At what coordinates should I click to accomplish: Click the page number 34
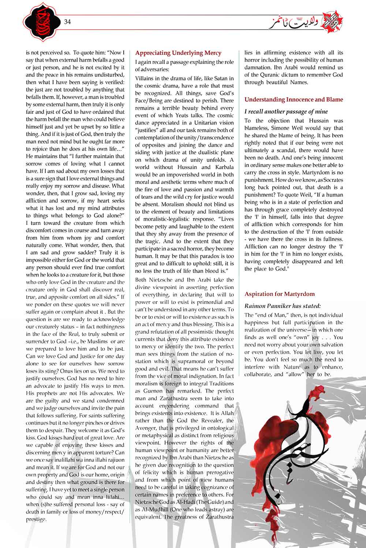[x=67, y=21]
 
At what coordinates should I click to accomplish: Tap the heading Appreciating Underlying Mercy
[x=178, y=53]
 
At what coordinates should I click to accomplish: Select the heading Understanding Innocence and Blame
[x=294, y=99]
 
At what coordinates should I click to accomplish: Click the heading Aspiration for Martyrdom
[x=280, y=294]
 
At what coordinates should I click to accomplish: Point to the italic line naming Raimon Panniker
[x=282, y=306]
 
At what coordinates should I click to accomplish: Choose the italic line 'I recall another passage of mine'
[x=286, y=111]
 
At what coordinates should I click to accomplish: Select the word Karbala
[x=221, y=167]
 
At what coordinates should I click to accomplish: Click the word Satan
[x=217, y=78]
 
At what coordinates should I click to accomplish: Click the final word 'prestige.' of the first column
[x=36, y=519]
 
